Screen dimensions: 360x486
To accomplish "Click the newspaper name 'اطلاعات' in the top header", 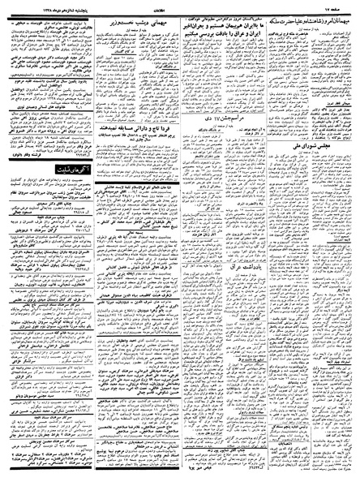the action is point(180,6).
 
